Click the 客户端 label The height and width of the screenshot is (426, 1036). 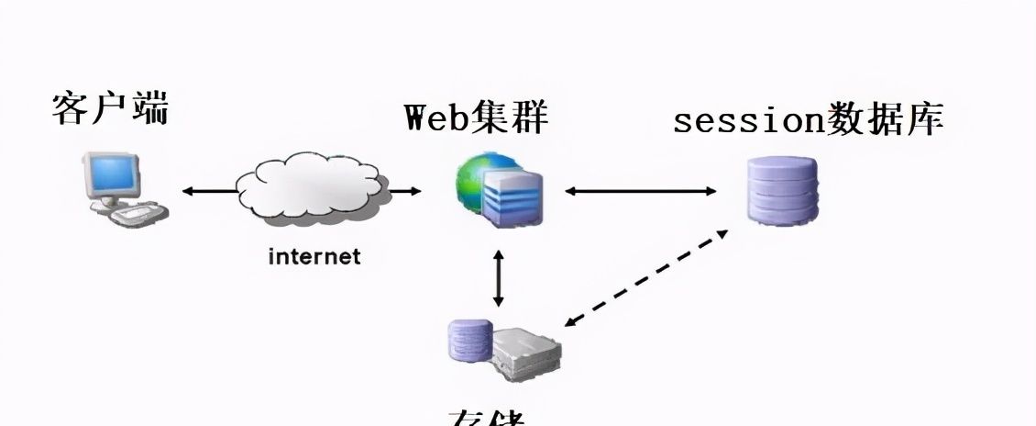110,108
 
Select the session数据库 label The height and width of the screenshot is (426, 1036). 808,120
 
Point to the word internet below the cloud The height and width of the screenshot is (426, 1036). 314,256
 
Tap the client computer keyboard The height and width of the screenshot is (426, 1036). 138,216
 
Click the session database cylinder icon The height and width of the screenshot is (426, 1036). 781,191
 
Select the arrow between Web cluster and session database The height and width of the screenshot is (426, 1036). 641,191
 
